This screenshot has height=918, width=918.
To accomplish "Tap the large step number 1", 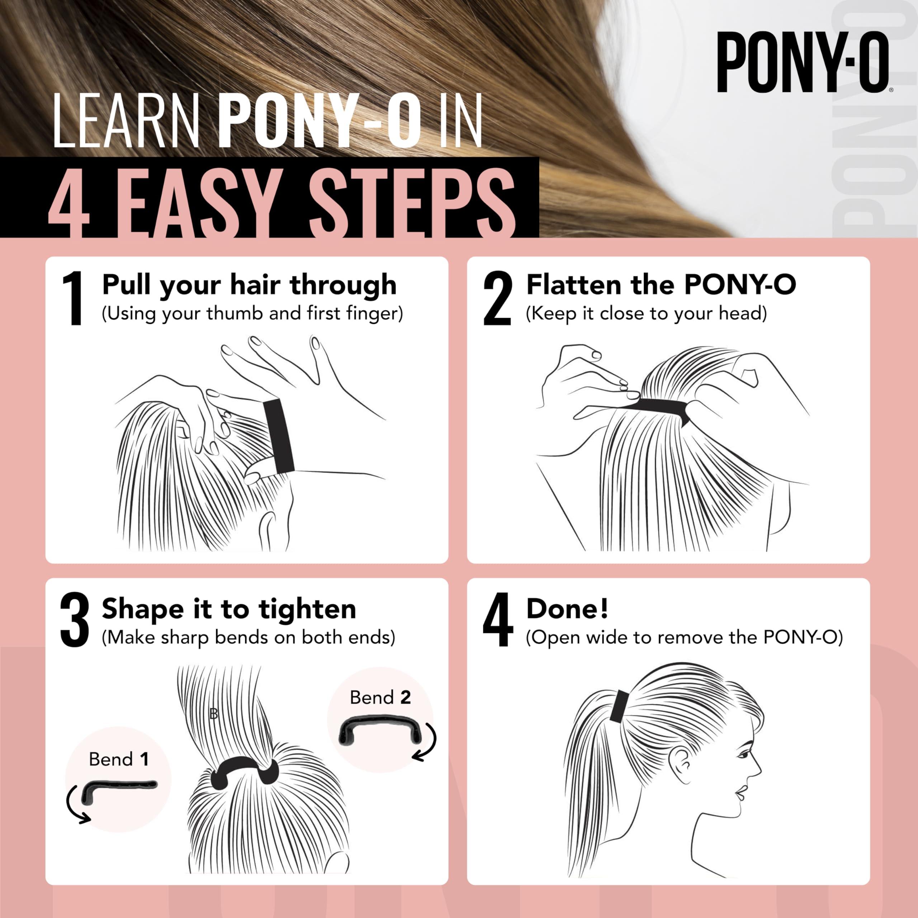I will [x=73, y=298].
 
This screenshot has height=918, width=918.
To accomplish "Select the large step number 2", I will [x=497, y=298].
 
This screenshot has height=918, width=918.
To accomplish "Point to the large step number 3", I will [x=75, y=620].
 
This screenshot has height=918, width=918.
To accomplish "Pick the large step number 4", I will [x=497, y=620].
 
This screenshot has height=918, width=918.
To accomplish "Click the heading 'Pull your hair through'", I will [x=249, y=285].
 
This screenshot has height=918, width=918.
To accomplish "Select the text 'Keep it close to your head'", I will [x=646, y=314].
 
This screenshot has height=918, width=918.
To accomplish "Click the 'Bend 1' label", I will [x=119, y=759].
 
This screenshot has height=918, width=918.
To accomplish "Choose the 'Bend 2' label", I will [x=380, y=697].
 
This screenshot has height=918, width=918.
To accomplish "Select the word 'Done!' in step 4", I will [x=567, y=609].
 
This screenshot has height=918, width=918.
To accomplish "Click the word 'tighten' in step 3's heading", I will [x=307, y=610].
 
